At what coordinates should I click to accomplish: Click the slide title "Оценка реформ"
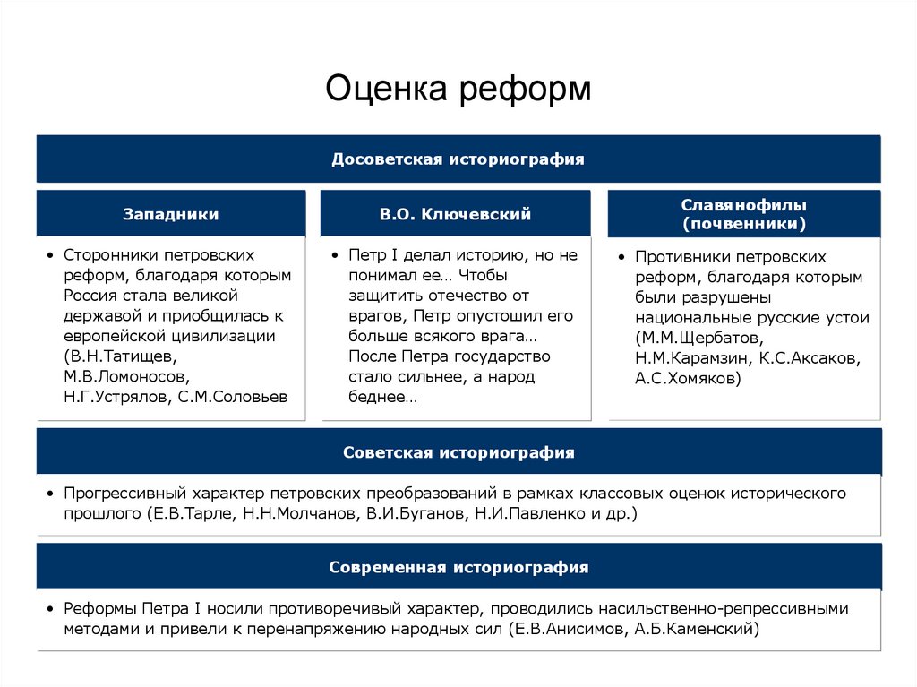458,89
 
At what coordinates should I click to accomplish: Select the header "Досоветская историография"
458,159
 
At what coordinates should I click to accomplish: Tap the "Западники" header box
170,214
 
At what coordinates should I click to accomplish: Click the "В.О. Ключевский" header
455,214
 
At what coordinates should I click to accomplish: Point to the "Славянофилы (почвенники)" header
743,214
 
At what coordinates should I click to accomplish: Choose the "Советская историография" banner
458,452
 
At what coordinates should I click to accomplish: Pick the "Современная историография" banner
458,567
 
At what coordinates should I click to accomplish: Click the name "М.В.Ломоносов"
126,377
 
